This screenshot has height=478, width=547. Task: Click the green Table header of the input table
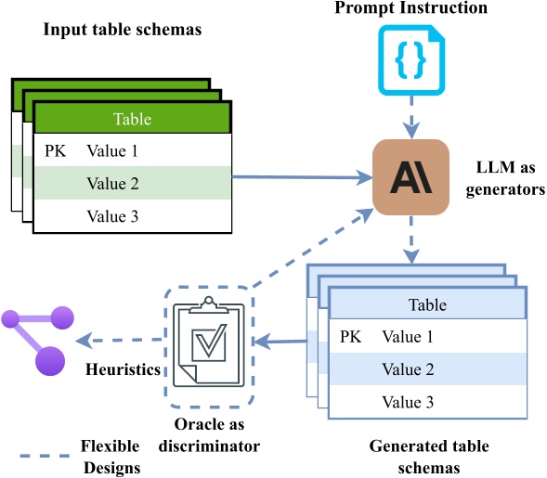point(132,119)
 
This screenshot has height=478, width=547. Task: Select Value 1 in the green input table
point(112,150)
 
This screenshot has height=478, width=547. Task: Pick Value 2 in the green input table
point(112,184)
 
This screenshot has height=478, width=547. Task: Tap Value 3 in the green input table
point(112,216)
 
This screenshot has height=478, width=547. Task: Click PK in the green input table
point(54,150)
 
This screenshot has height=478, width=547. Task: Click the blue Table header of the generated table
point(427,304)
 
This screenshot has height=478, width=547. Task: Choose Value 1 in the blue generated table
point(408,337)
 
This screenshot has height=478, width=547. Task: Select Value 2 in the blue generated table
point(408,369)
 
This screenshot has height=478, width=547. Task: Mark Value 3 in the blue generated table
point(408,402)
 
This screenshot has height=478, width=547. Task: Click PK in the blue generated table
point(350,337)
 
